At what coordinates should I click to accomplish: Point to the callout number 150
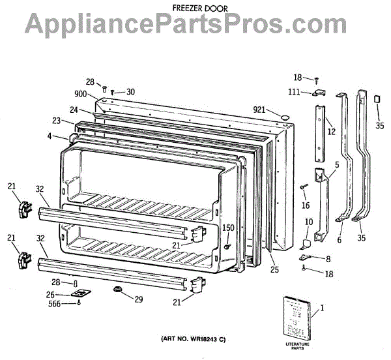pos(228,228)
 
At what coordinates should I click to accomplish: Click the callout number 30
pos(130,92)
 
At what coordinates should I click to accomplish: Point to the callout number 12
pos(331,132)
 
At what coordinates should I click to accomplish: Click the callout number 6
pos(339,239)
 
